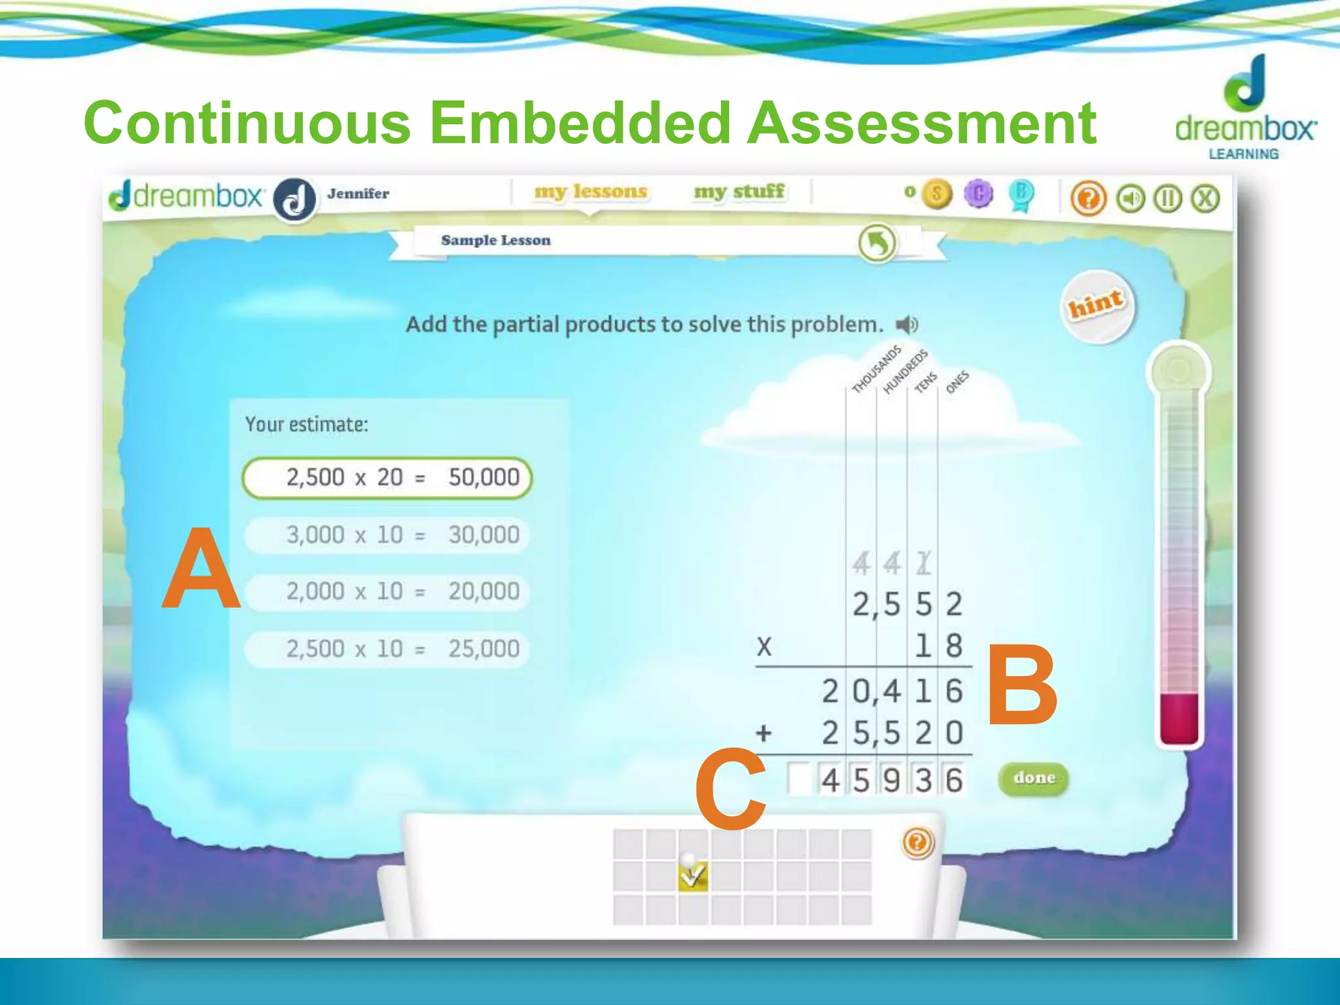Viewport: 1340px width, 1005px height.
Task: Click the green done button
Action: (x=1034, y=778)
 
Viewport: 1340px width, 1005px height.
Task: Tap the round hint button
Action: (x=1097, y=306)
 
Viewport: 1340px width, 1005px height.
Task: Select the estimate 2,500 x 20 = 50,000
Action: (x=387, y=478)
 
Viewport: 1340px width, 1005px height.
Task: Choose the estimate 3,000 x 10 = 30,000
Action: (x=387, y=535)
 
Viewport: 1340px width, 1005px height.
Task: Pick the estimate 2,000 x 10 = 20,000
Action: (x=387, y=592)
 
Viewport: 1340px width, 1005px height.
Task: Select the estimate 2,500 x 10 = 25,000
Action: (x=387, y=649)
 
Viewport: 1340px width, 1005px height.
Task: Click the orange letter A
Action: (x=201, y=570)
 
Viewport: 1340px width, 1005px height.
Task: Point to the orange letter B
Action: (x=1021, y=686)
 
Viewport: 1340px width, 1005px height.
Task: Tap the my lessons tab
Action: (x=590, y=192)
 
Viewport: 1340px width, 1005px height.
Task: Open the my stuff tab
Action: (x=739, y=192)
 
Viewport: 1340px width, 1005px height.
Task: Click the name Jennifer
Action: (x=358, y=194)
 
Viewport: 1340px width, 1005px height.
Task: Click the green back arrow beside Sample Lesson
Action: (x=877, y=243)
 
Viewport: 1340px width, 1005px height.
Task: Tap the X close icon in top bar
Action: (x=1205, y=198)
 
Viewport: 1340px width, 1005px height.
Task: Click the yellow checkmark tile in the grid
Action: (x=693, y=875)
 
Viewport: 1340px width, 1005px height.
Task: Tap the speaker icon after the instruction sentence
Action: (x=906, y=325)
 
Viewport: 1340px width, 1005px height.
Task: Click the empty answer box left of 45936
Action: (x=799, y=779)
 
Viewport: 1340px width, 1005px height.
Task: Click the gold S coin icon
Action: (x=936, y=194)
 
